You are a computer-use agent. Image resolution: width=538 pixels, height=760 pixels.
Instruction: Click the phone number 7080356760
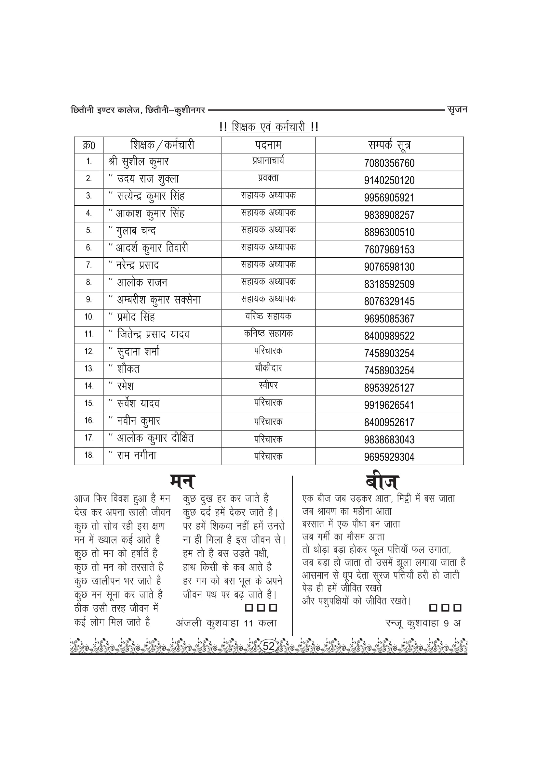[x=389, y=163]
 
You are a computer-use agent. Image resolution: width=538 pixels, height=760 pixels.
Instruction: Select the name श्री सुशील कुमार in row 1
[x=139, y=162]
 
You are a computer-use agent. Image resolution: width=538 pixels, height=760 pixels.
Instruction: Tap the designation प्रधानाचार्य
[x=268, y=161]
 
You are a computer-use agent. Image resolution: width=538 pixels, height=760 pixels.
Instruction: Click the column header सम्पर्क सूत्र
[x=389, y=145]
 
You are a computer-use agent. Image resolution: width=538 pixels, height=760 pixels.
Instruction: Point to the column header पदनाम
[x=268, y=145]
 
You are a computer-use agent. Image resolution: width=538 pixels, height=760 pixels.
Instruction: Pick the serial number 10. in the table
[x=89, y=317]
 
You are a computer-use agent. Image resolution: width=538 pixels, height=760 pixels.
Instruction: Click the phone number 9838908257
[x=389, y=215]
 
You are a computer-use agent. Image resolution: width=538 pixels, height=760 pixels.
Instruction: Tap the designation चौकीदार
[x=268, y=368]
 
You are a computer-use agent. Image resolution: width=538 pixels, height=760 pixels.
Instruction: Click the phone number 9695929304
[x=389, y=457]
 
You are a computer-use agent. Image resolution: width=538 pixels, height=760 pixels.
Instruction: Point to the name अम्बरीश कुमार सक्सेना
[x=159, y=300]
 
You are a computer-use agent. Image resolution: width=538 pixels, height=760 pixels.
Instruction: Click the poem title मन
[x=182, y=482]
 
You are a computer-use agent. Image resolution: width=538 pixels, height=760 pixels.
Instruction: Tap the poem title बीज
[x=382, y=482]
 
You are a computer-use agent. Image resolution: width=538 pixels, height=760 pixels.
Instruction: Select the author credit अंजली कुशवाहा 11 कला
[x=226, y=623]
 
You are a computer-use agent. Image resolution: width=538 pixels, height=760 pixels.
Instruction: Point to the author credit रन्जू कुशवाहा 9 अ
[x=423, y=623]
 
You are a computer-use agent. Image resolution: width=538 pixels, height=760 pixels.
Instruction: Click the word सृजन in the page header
[x=457, y=109]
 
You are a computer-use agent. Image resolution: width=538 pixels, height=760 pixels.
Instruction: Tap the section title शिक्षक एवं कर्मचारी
[x=268, y=127]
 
